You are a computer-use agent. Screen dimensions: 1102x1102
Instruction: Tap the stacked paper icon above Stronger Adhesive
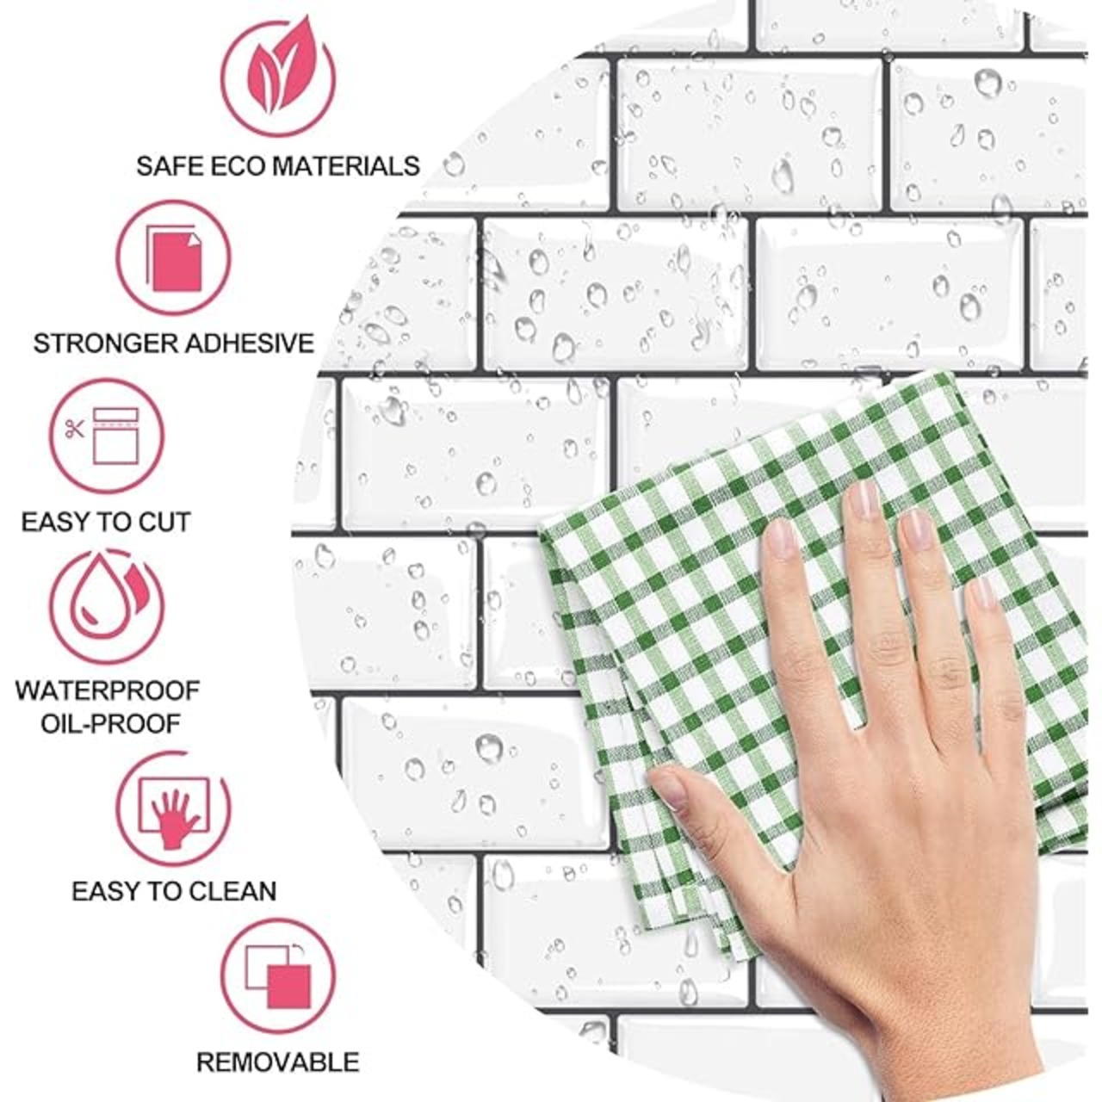click(174, 257)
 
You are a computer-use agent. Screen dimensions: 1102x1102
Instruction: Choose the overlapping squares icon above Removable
click(278, 976)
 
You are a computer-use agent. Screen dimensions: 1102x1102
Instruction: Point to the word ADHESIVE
click(250, 344)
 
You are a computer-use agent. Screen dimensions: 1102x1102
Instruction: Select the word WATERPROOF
click(108, 690)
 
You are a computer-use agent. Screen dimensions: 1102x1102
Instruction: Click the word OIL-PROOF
click(110, 725)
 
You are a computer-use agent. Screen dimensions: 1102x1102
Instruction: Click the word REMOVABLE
click(278, 1062)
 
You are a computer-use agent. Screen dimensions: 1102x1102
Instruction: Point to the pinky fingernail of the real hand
click(984, 592)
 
